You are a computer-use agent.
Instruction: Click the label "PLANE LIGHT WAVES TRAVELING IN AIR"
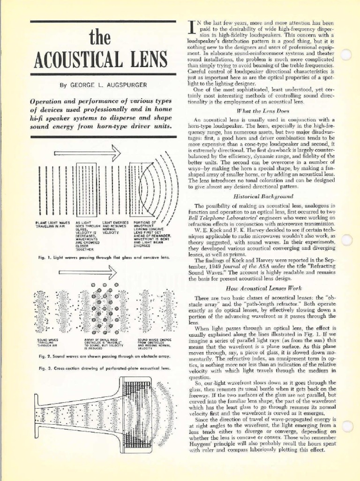(52, 224)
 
